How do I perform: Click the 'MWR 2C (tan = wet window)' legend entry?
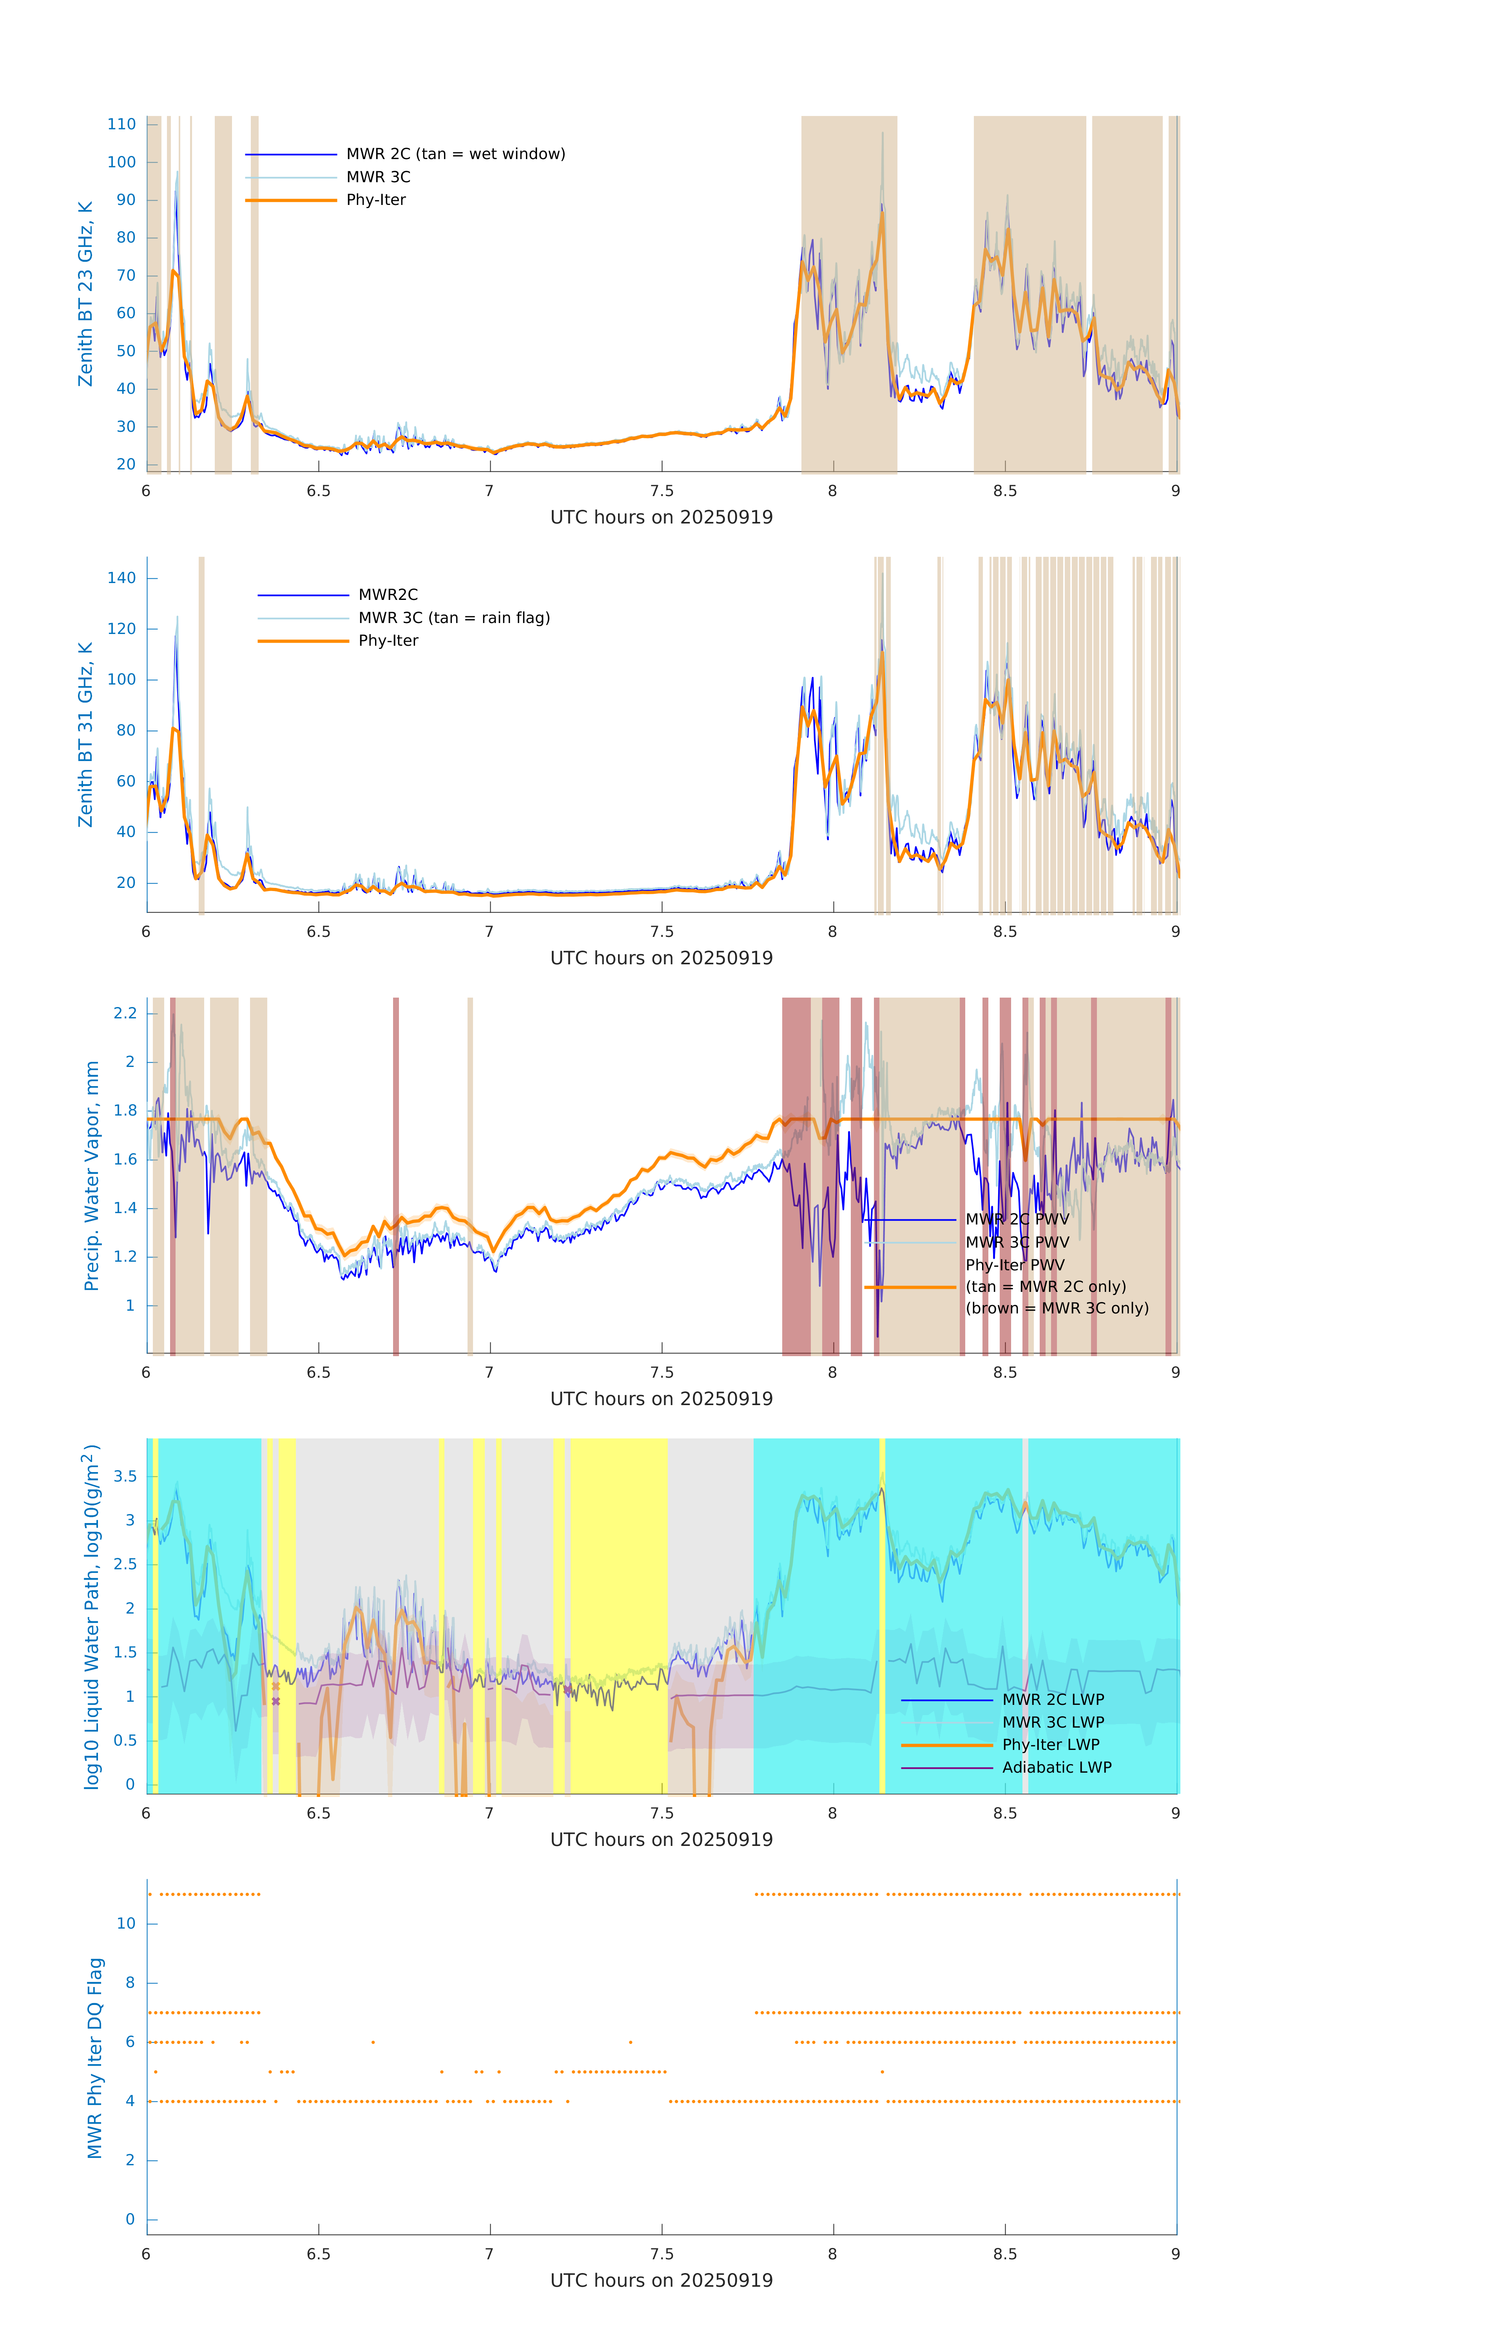(455, 154)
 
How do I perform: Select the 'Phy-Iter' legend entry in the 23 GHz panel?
(376, 200)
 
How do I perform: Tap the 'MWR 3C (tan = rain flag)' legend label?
(454, 618)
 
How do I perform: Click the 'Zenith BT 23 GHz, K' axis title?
(86, 294)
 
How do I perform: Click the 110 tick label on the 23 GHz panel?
(122, 124)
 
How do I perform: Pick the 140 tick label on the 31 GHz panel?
(122, 578)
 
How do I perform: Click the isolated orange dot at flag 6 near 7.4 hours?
(631, 2041)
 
